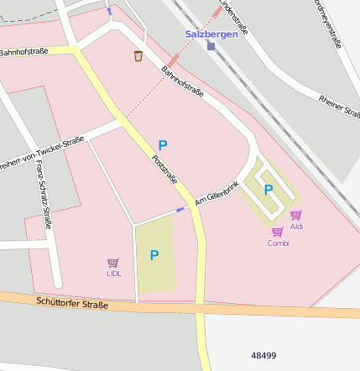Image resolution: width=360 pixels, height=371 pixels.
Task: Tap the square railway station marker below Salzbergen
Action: coord(211,47)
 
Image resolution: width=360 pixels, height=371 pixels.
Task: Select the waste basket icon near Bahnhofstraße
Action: coord(138,56)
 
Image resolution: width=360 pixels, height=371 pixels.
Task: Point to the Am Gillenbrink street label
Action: coord(217,193)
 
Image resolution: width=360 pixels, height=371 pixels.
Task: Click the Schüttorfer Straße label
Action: coord(72,304)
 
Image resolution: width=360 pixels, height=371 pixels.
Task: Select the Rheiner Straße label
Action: coord(338,108)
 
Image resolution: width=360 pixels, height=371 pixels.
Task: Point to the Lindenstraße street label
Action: coord(234,18)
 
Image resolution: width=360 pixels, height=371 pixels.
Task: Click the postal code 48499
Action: coord(263,355)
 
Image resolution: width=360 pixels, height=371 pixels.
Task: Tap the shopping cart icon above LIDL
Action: coord(113,263)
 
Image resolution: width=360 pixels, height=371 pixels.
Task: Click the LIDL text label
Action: coord(113,274)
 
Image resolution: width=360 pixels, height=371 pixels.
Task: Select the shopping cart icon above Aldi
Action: coord(295,216)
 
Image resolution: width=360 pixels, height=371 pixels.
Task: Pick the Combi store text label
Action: coord(278,243)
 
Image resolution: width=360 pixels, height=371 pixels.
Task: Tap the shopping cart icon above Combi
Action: coord(277,233)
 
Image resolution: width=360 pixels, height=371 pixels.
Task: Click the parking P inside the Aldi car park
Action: coord(269,190)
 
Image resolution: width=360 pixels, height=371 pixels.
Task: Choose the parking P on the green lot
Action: coord(154,255)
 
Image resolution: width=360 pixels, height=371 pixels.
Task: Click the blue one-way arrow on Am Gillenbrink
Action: coord(180,209)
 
